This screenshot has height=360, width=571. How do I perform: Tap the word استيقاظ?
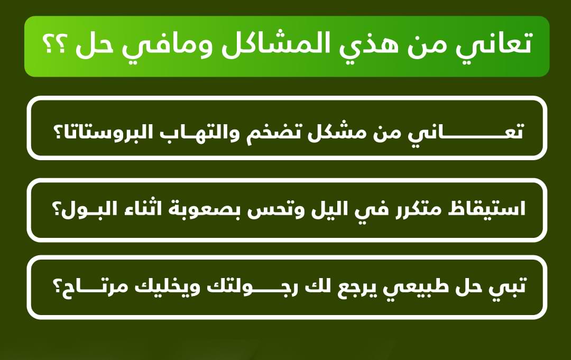click(486, 209)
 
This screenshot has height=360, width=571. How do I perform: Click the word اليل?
click(327, 209)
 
